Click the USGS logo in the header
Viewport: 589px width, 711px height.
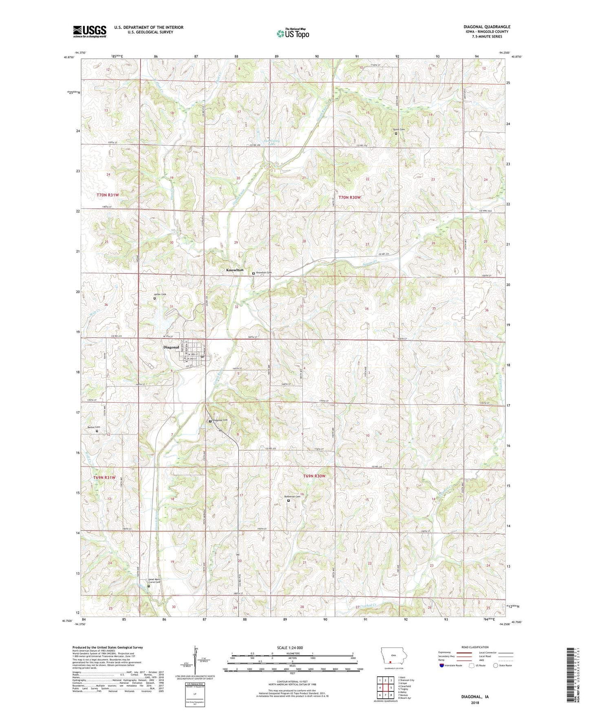89,31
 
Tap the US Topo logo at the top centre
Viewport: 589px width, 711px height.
293,33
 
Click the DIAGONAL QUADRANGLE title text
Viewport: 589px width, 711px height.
487,27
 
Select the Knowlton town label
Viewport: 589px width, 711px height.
235,270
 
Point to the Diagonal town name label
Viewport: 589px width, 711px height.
171,347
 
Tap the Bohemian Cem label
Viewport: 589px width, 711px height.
292,496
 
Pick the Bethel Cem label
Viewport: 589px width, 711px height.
94,427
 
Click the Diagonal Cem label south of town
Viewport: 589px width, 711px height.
220,420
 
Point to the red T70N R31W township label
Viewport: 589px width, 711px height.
108,195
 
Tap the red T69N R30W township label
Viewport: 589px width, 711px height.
314,476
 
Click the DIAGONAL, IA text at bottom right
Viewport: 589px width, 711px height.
474,697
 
